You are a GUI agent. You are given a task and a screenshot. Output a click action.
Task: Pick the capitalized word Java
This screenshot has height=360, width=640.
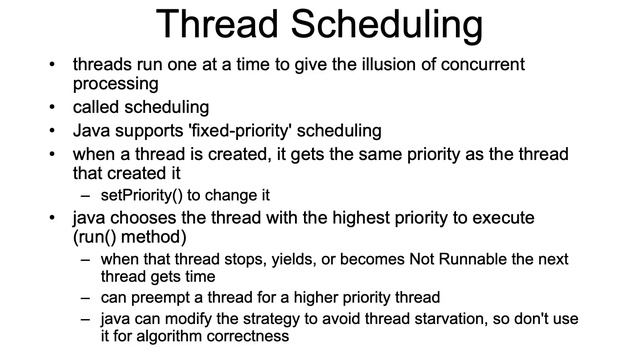tap(92, 131)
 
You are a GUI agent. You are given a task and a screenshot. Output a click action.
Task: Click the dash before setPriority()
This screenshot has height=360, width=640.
tap(86, 195)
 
